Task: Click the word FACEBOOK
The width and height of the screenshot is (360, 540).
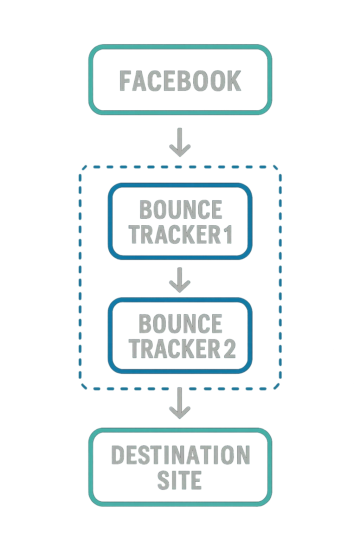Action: click(x=180, y=81)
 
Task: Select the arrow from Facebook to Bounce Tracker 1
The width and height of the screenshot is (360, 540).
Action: click(x=180, y=142)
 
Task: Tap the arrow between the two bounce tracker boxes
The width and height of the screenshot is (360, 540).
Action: click(x=180, y=280)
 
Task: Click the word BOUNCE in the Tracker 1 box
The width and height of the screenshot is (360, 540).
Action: click(x=181, y=210)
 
